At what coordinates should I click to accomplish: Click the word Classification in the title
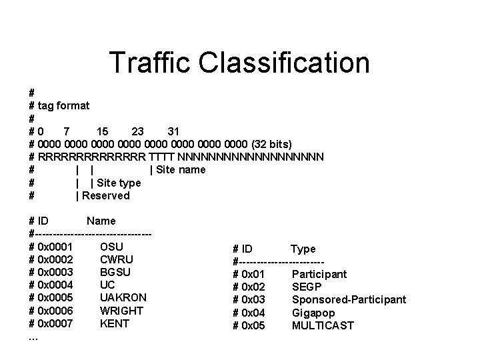[x=288, y=62]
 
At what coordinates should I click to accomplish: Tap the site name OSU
[x=120, y=247]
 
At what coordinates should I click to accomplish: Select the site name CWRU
[x=116, y=259]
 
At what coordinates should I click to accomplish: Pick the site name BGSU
[x=115, y=272]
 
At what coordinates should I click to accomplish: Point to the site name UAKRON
[x=123, y=297]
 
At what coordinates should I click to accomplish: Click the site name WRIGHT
[x=121, y=311]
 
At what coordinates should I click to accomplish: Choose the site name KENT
[x=114, y=323]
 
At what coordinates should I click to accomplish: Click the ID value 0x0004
[x=56, y=285]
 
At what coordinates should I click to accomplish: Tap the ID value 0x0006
[x=56, y=311]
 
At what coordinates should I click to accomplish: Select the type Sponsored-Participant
[x=349, y=299]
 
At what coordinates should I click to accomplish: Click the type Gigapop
[x=313, y=313]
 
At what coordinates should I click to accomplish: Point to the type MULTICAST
[x=323, y=325]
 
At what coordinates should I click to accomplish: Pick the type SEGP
[x=307, y=287]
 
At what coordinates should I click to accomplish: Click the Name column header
[x=101, y=221]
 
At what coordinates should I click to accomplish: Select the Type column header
[x=303, y=249]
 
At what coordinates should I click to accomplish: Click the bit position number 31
[x=174, y=131]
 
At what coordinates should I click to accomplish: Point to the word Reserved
[x=106, y=195]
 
